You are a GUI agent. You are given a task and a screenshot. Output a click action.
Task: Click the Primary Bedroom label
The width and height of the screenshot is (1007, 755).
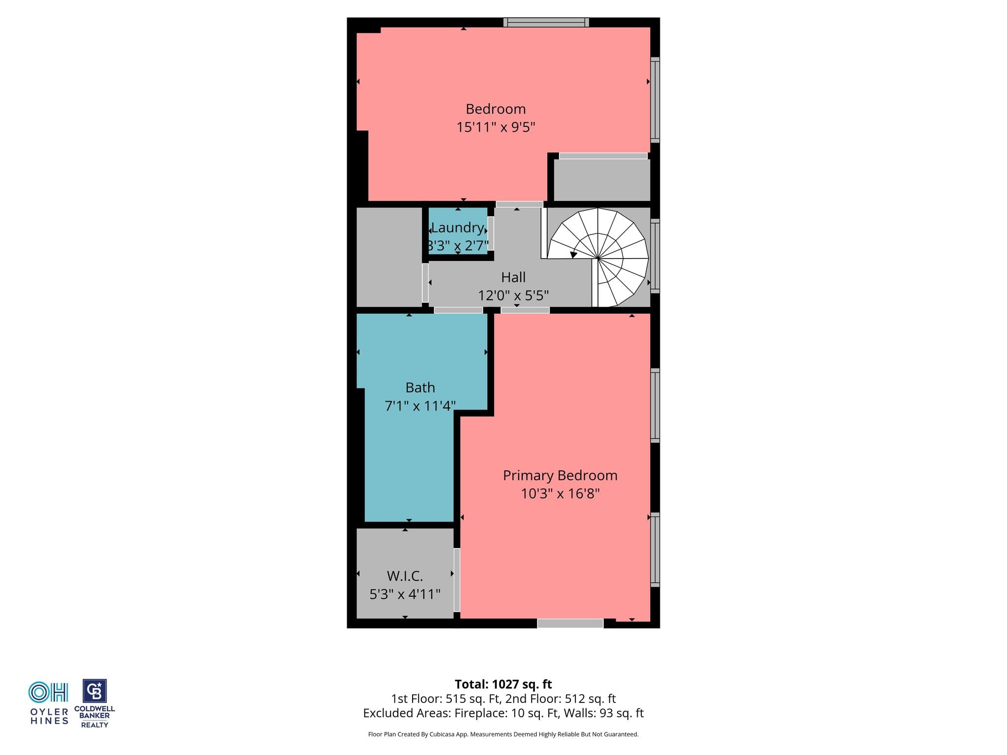pos(560,475)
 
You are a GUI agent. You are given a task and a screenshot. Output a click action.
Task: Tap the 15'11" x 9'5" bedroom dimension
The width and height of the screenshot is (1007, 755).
pos(496,127)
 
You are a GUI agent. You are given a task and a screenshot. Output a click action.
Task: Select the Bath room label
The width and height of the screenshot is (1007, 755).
pos(420,388)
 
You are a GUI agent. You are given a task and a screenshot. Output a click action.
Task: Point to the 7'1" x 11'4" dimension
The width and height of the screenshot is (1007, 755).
pos(420,406)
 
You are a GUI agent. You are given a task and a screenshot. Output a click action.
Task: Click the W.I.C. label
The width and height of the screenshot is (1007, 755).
pos(405,576)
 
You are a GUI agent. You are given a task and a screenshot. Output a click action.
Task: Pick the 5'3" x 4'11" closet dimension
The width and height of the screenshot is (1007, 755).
pos(405,594)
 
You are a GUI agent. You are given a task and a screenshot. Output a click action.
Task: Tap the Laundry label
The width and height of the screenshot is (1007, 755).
pos(458,228)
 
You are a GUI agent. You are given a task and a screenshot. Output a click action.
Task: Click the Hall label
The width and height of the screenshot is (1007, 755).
pos(513,277)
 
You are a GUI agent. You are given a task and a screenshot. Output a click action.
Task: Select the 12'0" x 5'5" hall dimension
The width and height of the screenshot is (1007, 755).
pos(513,295)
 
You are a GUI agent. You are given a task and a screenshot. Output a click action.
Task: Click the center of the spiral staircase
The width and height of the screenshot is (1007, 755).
pos(597,258)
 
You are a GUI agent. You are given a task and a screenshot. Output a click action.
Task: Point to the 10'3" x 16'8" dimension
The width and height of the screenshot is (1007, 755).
pos(560,494)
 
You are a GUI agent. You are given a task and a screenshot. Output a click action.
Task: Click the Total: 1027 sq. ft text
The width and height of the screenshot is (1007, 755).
pos(503,684)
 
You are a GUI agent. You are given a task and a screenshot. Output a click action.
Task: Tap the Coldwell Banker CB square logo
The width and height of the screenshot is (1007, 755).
pos(94,692)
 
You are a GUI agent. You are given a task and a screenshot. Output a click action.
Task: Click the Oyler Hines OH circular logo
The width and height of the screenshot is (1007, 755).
pos(48,693)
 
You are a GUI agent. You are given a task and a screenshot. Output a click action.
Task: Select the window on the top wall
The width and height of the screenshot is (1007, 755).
pos(546,22)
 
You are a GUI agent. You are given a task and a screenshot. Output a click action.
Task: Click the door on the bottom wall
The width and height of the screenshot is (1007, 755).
pos(570,623)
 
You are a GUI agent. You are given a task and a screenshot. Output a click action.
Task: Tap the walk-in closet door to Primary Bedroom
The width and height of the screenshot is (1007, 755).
pos(457,580)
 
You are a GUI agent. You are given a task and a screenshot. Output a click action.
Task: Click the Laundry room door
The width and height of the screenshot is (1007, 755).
pos(491,233)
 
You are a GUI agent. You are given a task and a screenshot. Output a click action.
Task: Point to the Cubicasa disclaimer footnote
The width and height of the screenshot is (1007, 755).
pos(503,734)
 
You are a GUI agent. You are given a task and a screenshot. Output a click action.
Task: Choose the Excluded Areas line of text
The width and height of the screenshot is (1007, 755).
pos(503,713)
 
